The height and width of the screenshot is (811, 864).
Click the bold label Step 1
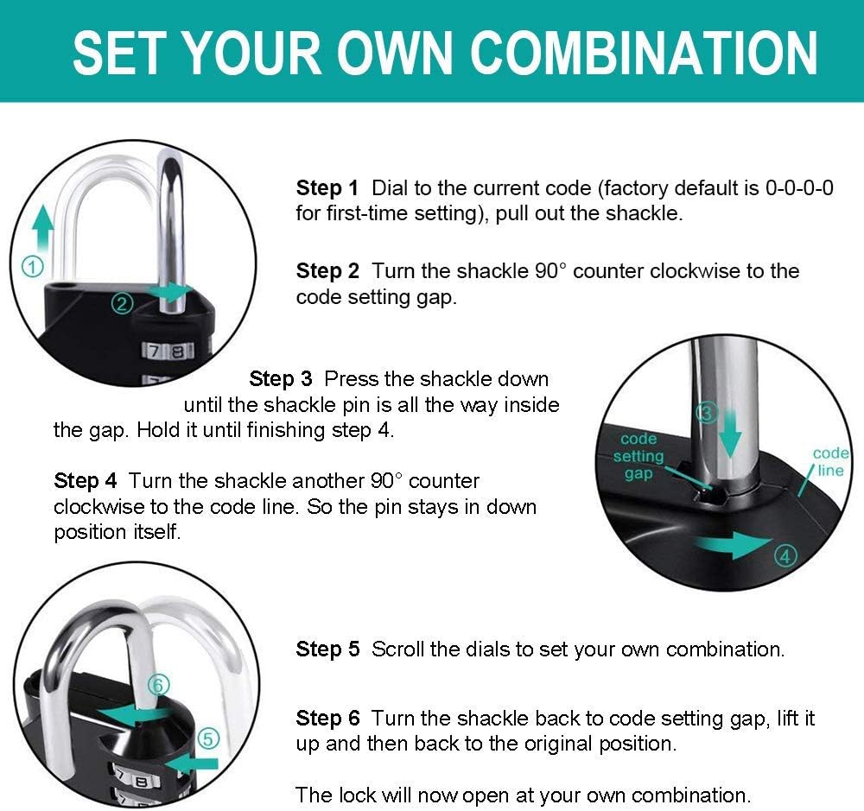click(327, 188)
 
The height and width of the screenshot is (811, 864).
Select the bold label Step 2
click(327, 271)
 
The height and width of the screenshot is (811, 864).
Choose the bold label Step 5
click(327, 649)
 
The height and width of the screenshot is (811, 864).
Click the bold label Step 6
click(327, 719)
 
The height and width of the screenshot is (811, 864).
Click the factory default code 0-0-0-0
click(799, 188)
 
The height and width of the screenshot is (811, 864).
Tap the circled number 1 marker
click(31, 268)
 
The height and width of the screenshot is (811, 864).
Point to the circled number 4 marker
click(785, 556)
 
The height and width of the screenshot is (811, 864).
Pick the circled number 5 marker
click(208, 738)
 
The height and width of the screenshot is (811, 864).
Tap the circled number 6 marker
click(156, 685)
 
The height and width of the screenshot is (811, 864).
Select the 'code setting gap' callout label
click(638, 456)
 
